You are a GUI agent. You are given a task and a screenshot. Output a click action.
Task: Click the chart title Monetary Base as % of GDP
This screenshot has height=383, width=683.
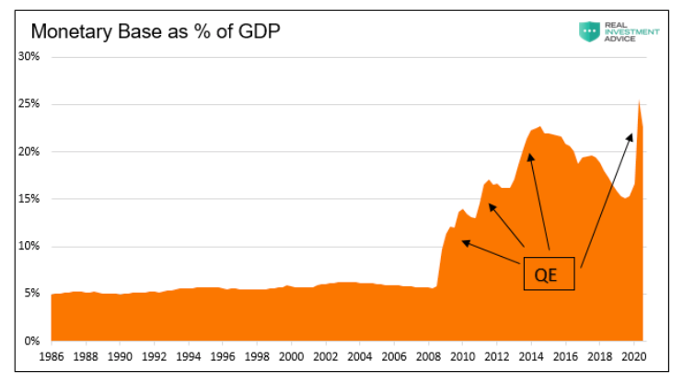[156, 31]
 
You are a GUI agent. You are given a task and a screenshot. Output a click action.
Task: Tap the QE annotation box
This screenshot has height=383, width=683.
[549, 273]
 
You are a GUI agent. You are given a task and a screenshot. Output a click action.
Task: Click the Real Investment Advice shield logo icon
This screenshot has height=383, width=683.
[588, 31]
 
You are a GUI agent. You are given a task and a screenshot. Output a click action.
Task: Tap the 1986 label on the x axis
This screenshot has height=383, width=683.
[52, 355]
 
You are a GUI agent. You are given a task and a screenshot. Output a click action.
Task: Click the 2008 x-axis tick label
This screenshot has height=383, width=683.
[428, 355]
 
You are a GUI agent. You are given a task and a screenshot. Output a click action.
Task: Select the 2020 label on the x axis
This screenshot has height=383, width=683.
[633, 355]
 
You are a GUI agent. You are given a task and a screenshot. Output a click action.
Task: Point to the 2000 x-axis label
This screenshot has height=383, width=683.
[291, 355]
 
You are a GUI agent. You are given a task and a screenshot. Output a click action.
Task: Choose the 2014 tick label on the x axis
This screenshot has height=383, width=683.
[531, 355]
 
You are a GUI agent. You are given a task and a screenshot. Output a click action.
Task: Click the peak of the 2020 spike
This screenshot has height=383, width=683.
[639, 100]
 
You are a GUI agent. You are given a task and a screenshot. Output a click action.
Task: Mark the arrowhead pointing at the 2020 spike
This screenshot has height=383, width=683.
[631, 134]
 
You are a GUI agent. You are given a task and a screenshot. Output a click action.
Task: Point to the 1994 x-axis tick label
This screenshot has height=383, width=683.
[189, 355]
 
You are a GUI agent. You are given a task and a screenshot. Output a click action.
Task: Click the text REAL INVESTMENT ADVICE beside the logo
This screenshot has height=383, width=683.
[631, 31]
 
